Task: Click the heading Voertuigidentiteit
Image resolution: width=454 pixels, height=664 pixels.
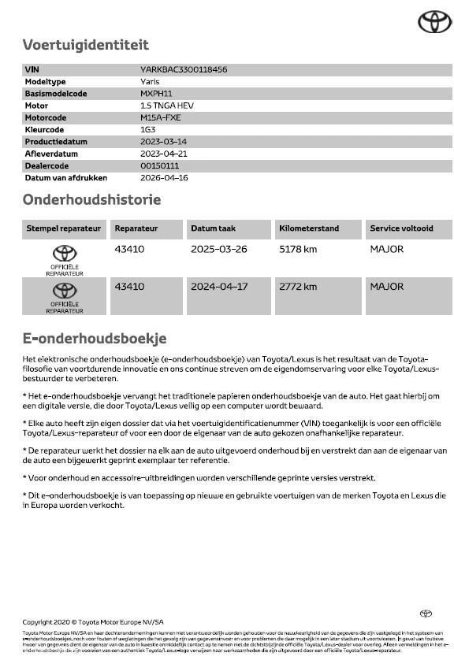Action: (85, 45)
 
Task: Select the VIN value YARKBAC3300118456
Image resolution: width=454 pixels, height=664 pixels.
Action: (184, 69)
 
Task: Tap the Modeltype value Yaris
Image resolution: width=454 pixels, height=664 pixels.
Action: (150, 82)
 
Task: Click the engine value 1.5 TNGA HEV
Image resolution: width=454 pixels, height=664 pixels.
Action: (166, 106)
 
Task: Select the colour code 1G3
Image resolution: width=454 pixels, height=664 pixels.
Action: (147, 130)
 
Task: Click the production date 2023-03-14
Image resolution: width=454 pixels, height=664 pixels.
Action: (163, 142)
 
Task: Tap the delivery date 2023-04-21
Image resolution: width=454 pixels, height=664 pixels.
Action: (163, 154)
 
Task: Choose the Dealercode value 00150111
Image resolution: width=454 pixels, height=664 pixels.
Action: (159, 165)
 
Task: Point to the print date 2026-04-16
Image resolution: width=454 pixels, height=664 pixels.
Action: (163, 178)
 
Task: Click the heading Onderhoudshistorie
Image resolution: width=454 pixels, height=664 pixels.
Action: (91, 200)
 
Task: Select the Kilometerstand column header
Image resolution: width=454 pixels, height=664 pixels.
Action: (309, 228)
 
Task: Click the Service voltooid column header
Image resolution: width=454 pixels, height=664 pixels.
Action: (401, 228)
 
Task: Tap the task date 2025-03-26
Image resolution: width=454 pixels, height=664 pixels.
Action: (218, 249)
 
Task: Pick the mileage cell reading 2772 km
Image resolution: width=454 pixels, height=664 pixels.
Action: (298, 287)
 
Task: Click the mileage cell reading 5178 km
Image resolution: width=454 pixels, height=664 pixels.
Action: (298, 249)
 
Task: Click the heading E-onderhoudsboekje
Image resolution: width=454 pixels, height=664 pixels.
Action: (94, 339)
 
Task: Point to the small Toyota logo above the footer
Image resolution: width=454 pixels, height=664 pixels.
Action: (426, 614)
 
